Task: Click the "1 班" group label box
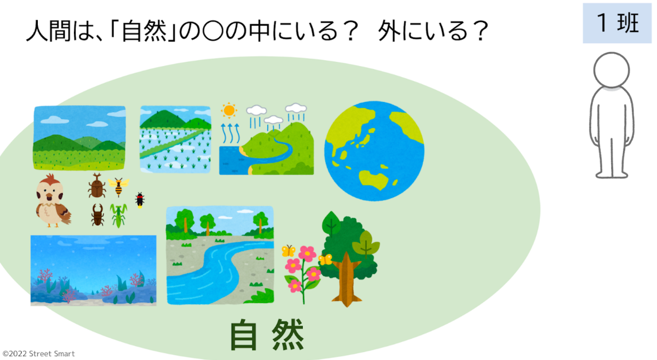[x=617, y=23]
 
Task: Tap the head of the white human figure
[x=612, y=70]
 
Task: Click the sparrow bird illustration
[x=52, y=201]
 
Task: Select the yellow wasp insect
[x=118, y=186]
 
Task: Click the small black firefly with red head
[x=140, y=200]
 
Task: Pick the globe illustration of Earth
[x=374, y=151]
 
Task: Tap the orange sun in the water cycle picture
[x=229, y=111]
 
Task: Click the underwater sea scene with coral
[x=93, y=270]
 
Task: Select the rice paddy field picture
[x=175, y=140]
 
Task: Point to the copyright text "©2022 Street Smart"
[x=39, y=354]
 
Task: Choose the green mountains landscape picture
[x=79, y=137]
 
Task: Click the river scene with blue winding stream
[x=219, y=255]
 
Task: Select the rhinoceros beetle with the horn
[x=97, y=186]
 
